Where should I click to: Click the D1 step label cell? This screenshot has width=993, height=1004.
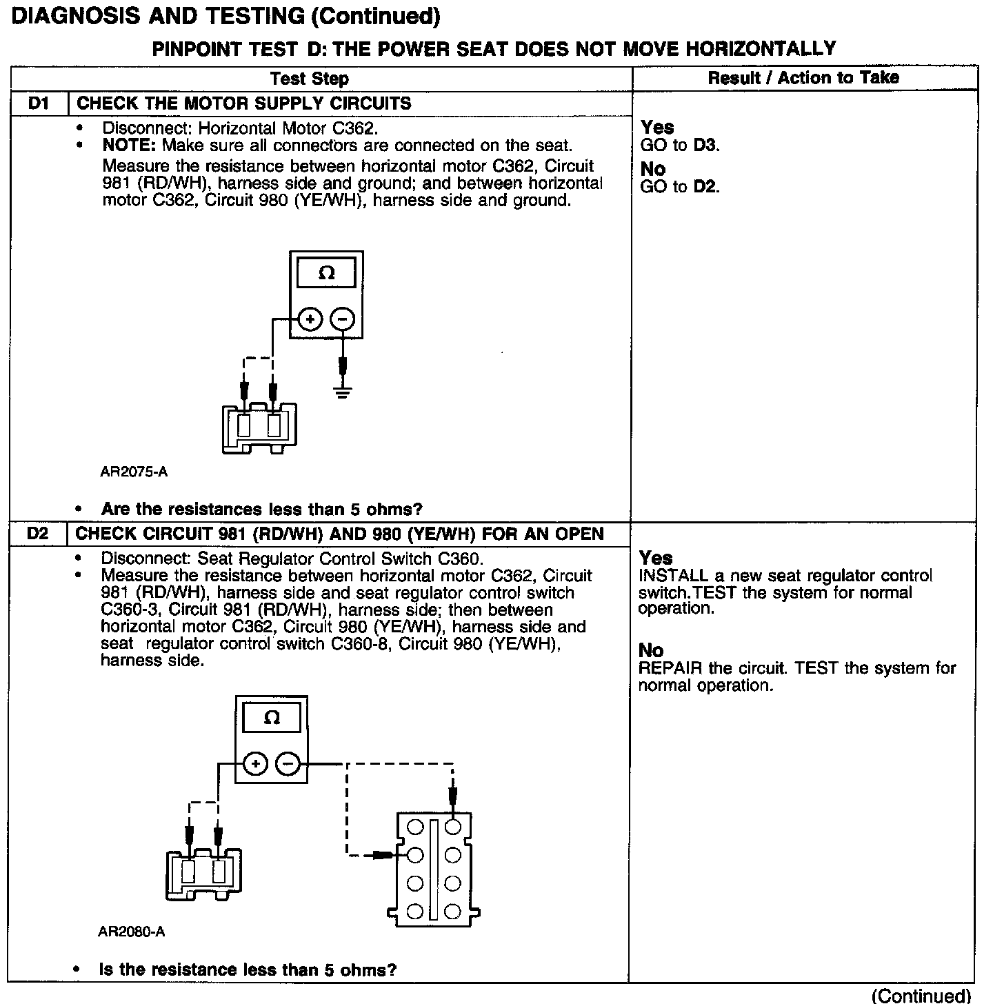click(x=39, y=103)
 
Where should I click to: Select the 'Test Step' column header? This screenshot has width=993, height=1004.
click(x=310, y=79)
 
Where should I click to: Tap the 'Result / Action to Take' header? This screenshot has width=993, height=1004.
click(x=803, y=78)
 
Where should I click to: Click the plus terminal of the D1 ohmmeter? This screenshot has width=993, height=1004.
click(x=310, y=319)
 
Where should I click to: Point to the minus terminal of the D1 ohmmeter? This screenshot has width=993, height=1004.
click(x=343, y=319)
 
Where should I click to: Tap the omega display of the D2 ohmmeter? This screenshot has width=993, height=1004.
click(x=272, y=718)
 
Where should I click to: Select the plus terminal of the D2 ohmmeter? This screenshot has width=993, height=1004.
click(x=255, y=763)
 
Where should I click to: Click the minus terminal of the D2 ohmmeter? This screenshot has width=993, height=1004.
click(x=288, y=763)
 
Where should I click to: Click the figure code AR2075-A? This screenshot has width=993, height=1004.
click(x=134, y=472)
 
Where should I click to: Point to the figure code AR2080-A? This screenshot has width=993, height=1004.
click(x=132, y=932)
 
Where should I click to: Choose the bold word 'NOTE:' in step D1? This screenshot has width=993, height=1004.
click(x=130, y=146)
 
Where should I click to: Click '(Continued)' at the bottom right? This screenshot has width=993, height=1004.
click(x=921, y=995)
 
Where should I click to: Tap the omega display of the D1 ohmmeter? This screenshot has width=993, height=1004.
click(x=327, y=273)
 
